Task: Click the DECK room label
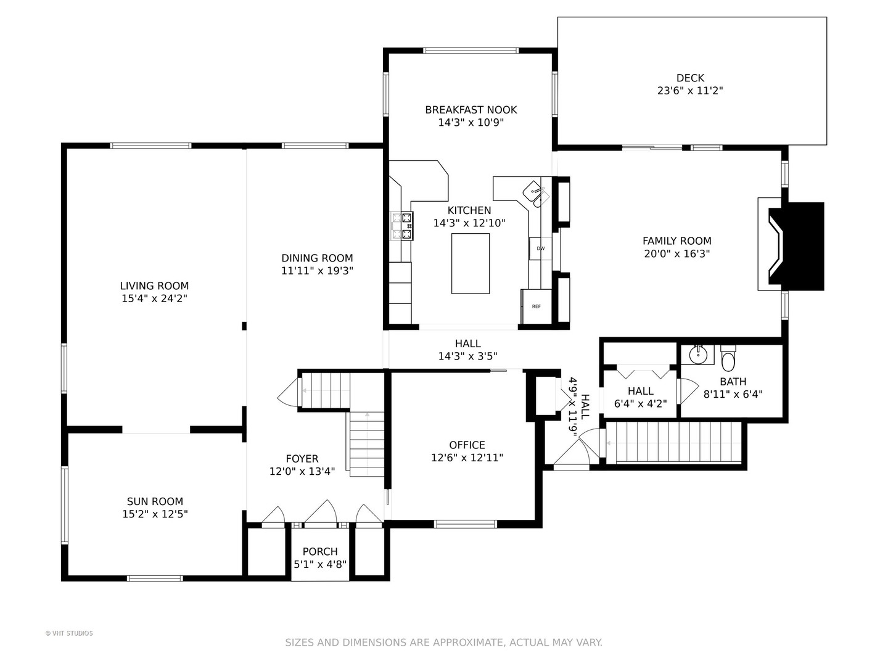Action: point(690,78)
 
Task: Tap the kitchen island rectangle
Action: point(470,263)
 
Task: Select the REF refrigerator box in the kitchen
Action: point(536,306)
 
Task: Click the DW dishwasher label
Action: point(540,249)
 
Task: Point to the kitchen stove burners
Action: point(401,226)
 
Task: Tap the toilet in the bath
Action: point(728,358)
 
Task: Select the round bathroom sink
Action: point(697,355)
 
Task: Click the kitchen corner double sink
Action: point(536,194)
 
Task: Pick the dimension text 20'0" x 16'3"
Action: point(677,253)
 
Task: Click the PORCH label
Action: point(319,551)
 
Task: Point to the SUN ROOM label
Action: point(155,501)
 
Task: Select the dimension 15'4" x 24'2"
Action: point(155,298)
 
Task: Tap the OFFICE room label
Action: point(467,445)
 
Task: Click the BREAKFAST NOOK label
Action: point(471,110)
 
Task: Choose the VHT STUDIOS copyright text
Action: point(69,633)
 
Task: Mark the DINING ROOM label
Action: point(317,258)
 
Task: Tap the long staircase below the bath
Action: point(674,442)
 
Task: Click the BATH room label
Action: point(733,381)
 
